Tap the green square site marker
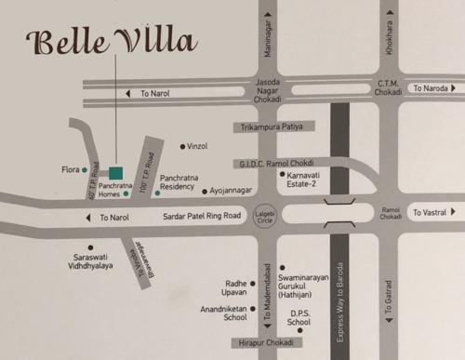click(x=115, y=173)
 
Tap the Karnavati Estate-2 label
click(x=303, y=180)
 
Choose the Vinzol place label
click(x=197, y=146)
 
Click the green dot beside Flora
click(x=85, y=170)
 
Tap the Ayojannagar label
click(x=232, y=192)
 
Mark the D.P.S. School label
click(x=299, y=318)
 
